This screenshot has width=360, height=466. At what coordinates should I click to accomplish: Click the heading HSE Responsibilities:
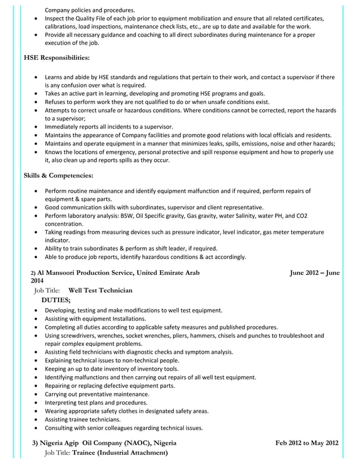56,58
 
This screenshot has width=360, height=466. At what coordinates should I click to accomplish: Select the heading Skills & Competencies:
58,175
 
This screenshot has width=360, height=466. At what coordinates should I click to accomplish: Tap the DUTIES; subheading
56,300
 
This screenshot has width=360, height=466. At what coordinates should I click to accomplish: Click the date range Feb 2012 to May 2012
307,443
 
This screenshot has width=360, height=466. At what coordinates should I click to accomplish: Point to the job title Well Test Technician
100,291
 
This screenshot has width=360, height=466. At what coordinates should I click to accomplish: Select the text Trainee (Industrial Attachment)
120,452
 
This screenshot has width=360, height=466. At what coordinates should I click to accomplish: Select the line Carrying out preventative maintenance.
97,394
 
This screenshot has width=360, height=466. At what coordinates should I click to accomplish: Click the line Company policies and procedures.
90,10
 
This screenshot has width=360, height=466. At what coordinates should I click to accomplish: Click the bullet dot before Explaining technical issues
37,361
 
